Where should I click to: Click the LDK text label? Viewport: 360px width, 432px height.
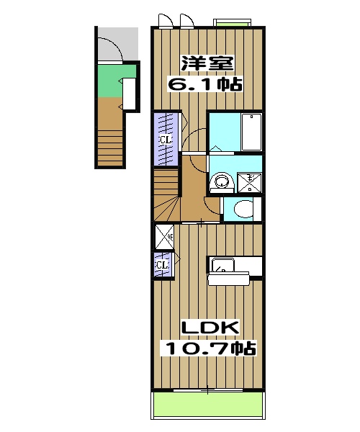(209, 328)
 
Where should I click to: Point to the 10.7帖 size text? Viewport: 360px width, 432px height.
(209, 349)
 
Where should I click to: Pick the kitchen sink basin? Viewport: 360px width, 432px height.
(222, 264)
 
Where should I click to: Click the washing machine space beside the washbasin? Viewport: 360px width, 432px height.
(249, 182)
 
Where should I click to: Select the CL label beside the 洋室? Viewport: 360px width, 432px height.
(165, 140)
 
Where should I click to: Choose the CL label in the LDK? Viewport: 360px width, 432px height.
(163, 265)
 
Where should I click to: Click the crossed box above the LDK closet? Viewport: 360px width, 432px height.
(163, 235)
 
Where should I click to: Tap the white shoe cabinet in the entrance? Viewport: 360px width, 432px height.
(130, 93)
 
